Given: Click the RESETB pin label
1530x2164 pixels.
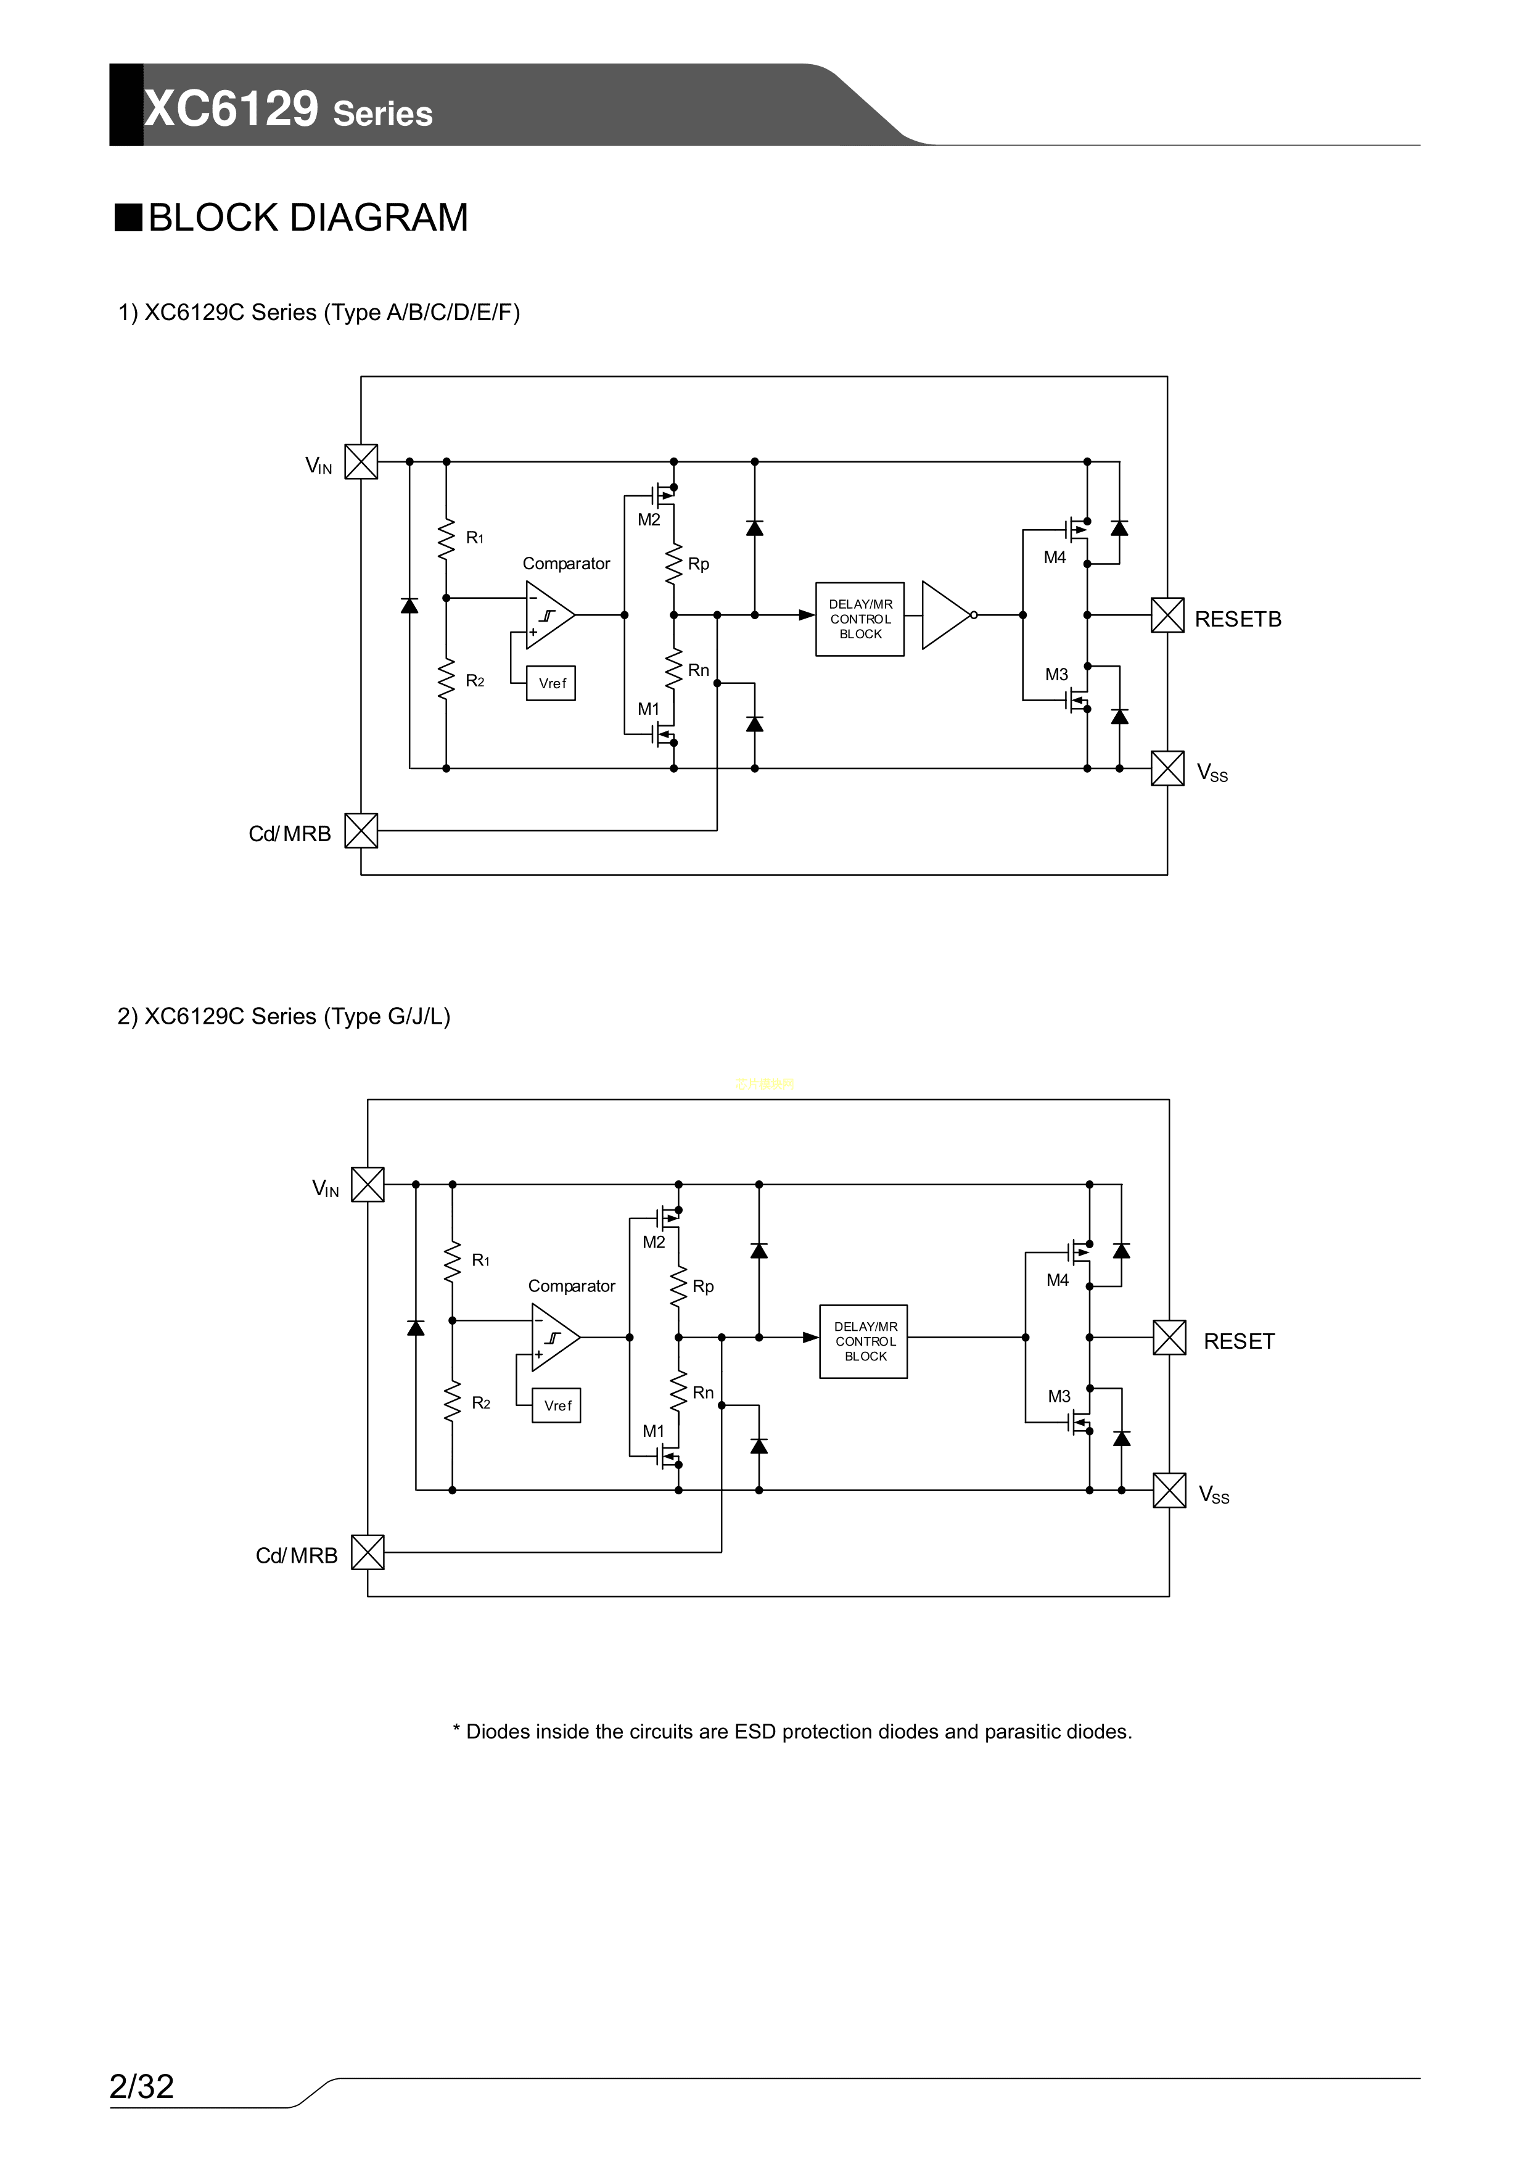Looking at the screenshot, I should pyautogui.click(x=1237, y=619).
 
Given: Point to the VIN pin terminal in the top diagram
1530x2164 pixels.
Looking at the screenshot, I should pyautogui.click(x=361, y=462).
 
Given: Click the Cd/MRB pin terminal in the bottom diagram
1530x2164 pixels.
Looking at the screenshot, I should pyautogui.click(x=368, y=1552).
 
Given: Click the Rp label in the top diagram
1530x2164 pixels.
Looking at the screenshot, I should pyautogui.click(x=697, y=564).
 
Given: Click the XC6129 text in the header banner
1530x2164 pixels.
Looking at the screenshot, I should pyautogui.click(x=231, y=109).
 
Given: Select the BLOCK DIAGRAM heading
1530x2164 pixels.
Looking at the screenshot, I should pyautogui.click(x=307, y=218).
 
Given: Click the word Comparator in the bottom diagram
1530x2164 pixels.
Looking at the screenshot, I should pyautogui.click(x=571, y=1286).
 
